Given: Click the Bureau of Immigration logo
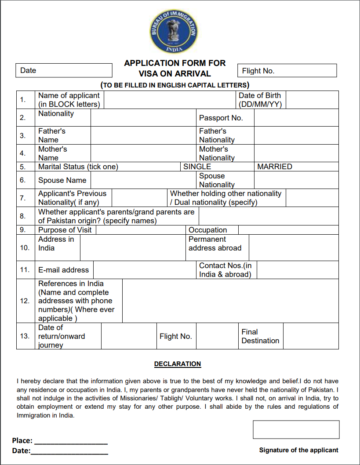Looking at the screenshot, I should pyautogui.click(x=174, y=31).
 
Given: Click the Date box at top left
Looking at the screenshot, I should pyautogui.click(x=64, y=70).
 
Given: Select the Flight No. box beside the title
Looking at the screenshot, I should pyautogui.click(x=287, y=71).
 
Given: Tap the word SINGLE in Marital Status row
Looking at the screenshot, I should pyautogui.click(x=197, y=167).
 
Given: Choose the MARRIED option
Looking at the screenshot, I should pyautogui.click(x=274, y=167).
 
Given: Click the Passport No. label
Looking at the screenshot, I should pyautogui.click(x=221, y=118).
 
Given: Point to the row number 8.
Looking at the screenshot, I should pyautogui.click(x=23, y=216).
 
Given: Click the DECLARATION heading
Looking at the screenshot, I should pyautogui.click(x=178, y=364).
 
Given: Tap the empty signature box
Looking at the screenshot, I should pyautogui.click(x=296, y=429).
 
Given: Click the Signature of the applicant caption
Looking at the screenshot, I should pyautogui.click(x=298, y=450).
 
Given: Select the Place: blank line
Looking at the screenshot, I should pyautogui.click(x=71, y=441).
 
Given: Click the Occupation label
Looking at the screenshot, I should pyautogui.click(x=207, y=230).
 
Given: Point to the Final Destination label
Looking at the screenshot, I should pyautogui.click(x=260, y=336).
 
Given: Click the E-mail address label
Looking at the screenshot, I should pyautogui.click(x=63, y=270).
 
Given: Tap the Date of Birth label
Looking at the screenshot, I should pyautogui.click(x=260, y=100).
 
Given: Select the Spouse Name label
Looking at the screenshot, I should pyautogui.click(x=62, y=180).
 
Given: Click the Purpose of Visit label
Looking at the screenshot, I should pyautogui.click(x=65, y=230).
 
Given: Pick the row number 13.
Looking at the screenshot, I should pyautogui.click(x=25, y=336).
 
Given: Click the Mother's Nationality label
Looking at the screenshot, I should pyautogui.click(x=217, y=153).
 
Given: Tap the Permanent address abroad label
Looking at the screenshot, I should pyautogui.click(x=215, y=243).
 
